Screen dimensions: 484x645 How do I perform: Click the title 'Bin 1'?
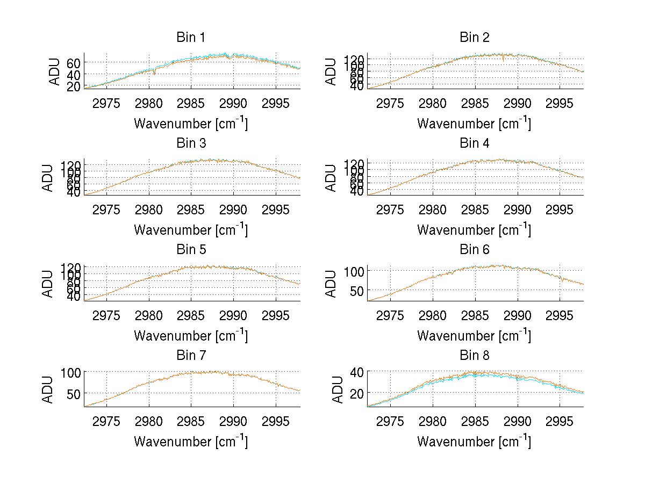pyautogui.click(x=191, y=38)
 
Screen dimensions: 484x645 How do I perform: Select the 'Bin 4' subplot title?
pyautogui.click(x=475, y=143)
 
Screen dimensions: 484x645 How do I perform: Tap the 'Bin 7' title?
pyautogui.click(x=191, y=356)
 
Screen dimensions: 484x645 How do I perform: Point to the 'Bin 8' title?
pyautogui.click(x=475, y=356)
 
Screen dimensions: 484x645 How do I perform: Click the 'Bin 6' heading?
pyautogui.click(x=475, y=250)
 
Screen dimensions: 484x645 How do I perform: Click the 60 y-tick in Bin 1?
pyautogui.click(x=74, y=62)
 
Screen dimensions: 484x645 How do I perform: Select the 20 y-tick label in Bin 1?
pyautogui.click(x=74, y=86)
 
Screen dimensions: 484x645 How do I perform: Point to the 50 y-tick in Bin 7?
pyautogui.click(x=74, y=394)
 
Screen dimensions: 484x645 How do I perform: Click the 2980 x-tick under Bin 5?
pyautogui.click(x=149, y=315)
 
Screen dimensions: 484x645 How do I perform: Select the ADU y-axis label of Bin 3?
pyautogui.click(x=48, y=177)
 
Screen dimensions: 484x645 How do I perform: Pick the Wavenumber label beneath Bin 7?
pyautogui.click(x=191, y=441)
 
